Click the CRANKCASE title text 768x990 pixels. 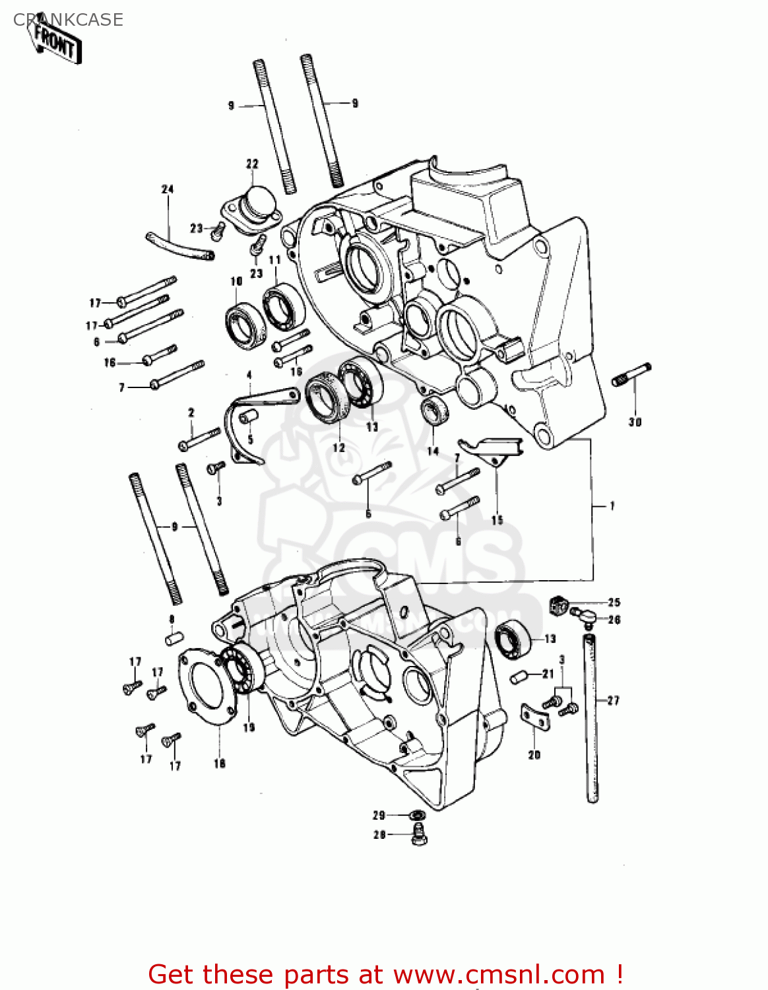(x=68, y=20)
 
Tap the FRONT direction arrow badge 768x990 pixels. (x=57, y=44)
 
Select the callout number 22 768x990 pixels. (x=252, y=164)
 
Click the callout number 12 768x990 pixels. (x=338, y=447)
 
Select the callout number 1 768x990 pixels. (x=612, y=506)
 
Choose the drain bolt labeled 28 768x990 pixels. (x=418, y=835)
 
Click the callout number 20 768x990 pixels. (x=534, y=754)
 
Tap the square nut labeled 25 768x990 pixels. (x=558, y=604)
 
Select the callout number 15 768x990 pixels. (x=497, y=520)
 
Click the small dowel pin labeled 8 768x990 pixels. (x=173, y=639)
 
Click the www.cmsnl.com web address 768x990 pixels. (x=499, y=974)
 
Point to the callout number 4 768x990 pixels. (x=249, y=375)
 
